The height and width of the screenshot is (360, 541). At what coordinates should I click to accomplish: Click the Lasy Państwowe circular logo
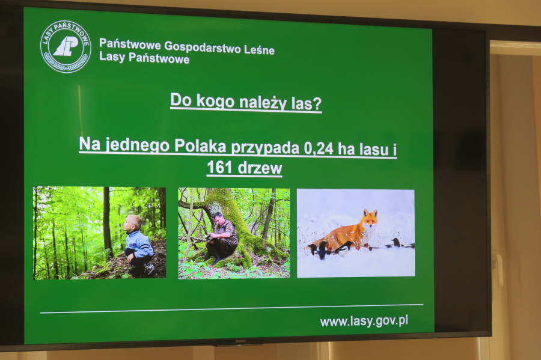(66, 46)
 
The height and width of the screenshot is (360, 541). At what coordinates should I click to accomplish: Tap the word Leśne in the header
(259, 49)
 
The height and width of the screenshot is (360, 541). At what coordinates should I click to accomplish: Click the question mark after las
(317, 104)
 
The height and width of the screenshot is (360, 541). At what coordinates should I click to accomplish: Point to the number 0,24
(319, 148)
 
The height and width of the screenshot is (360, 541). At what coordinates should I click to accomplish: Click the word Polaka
(200, 146)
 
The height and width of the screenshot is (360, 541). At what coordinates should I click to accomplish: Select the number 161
(219, 168)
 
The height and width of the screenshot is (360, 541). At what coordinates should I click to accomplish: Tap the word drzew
(260, 168)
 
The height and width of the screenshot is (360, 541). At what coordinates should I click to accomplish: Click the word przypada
(265, 148)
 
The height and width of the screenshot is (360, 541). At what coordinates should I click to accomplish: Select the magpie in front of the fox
(319, 249)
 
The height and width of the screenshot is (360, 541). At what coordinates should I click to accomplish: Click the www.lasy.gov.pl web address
(364, 322)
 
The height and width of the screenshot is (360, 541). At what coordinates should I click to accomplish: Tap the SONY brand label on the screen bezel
(240, 341)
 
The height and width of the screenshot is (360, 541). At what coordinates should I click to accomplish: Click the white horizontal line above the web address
(232, 309)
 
